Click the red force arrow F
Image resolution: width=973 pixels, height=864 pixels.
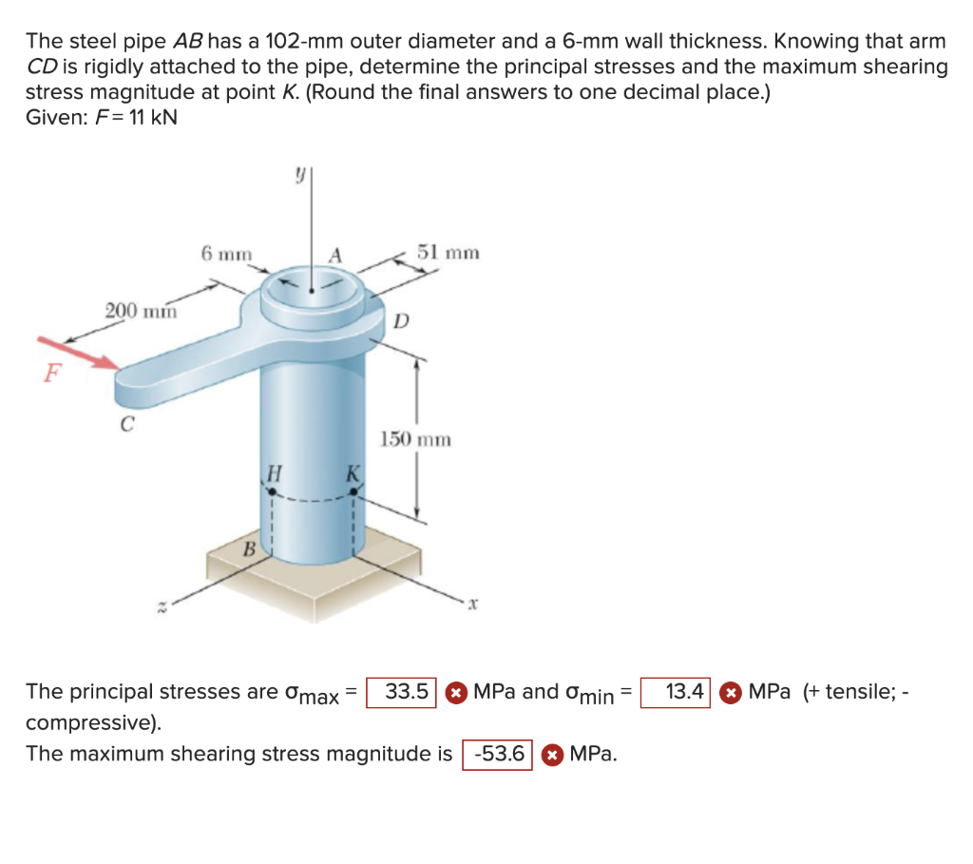tap(78, 354)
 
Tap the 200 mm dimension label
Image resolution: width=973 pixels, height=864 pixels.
tap(141, 311)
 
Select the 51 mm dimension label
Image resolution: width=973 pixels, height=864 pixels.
tap(448, 253)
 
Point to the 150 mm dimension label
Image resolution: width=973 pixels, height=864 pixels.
tap(415, 439)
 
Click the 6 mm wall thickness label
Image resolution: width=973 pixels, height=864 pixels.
tap(226, 254)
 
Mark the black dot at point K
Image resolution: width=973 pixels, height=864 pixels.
tap(353, 491)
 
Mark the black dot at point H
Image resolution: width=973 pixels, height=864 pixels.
tap(272, 491)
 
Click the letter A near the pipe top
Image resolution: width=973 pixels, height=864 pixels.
tap(335, 255)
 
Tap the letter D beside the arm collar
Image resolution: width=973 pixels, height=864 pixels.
tap(402, 321)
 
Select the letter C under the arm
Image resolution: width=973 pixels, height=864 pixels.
tap(126, 424)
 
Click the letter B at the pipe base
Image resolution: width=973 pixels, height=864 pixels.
tap(249, 549)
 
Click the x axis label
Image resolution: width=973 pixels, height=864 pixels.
tap(472, 603)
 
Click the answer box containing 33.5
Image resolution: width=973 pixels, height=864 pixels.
tap(401, 693)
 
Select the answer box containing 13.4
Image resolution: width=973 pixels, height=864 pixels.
tap(676, 693)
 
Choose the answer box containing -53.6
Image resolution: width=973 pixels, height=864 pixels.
tap(497, 755)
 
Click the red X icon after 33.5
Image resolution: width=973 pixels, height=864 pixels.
tap(456, 693)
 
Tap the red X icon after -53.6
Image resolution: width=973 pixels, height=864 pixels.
tap(552, 755)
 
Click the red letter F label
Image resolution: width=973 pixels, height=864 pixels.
tap(52, 373)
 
